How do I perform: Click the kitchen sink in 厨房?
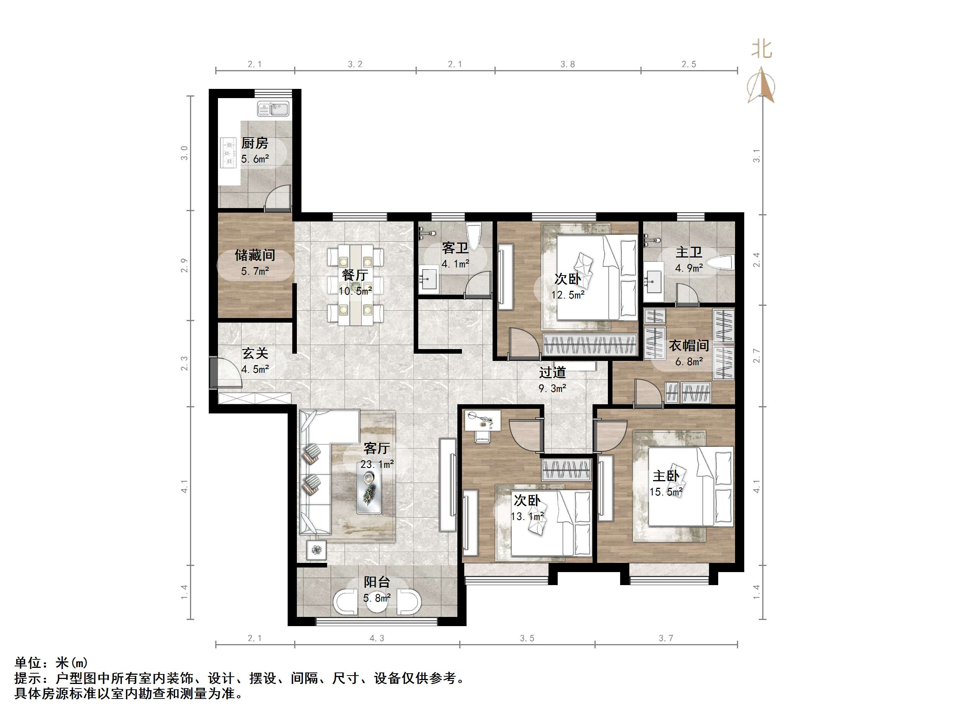tap(273, 109)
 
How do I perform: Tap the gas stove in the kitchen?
tap(228, 152)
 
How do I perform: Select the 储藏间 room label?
tap(255, 255)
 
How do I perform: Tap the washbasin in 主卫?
tap(654, 280)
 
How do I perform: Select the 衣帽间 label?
tap(688, 345)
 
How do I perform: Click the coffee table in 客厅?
tap(369, 492)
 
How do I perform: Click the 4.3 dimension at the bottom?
tap(377, 638)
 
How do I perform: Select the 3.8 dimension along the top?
tap(567, 64)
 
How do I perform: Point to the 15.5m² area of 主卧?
tap(666, 492)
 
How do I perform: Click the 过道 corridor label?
tap(552, 372)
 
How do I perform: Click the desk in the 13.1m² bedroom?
tap(483, 420)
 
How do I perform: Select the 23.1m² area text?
tap(377, 464)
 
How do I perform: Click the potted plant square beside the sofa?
tap(317, 550)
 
